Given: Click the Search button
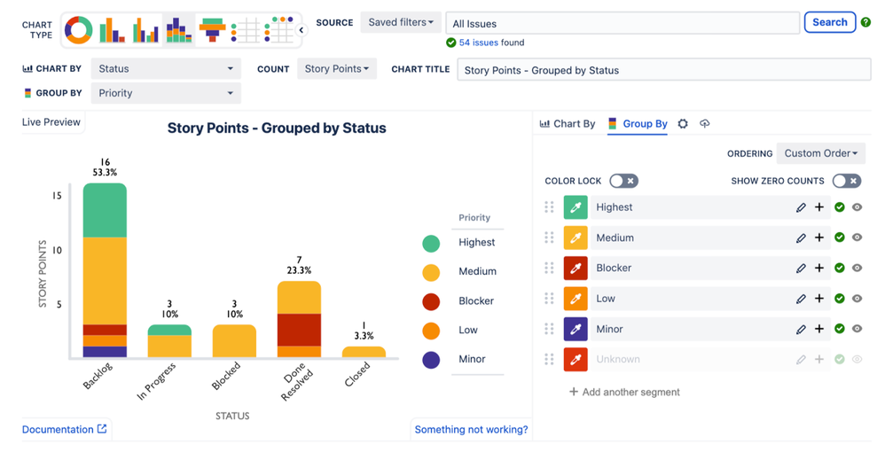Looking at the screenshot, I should coord(829,22).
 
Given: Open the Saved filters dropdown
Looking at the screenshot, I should coord(401,22).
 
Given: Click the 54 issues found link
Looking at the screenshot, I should coord(490,43).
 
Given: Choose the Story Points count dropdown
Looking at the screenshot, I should coord(336,68).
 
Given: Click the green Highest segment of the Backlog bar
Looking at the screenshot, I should coord(105,210).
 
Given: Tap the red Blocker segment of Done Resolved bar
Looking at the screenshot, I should coord(299,329).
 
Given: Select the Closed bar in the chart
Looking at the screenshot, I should coord(364,352).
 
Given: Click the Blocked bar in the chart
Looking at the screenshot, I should coord(234,341).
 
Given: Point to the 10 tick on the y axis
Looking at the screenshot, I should coord(58,250).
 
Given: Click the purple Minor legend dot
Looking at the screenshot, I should coord(431,359).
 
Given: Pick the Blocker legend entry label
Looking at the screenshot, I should coord(476,300).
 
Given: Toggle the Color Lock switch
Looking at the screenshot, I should coord(623,181).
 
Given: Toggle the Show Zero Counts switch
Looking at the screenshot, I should coord(846,181).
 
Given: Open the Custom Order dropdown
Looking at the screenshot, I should coord(820,153).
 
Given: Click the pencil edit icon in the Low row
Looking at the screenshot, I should coord(801,299).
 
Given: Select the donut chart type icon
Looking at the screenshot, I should coord(79,30).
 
